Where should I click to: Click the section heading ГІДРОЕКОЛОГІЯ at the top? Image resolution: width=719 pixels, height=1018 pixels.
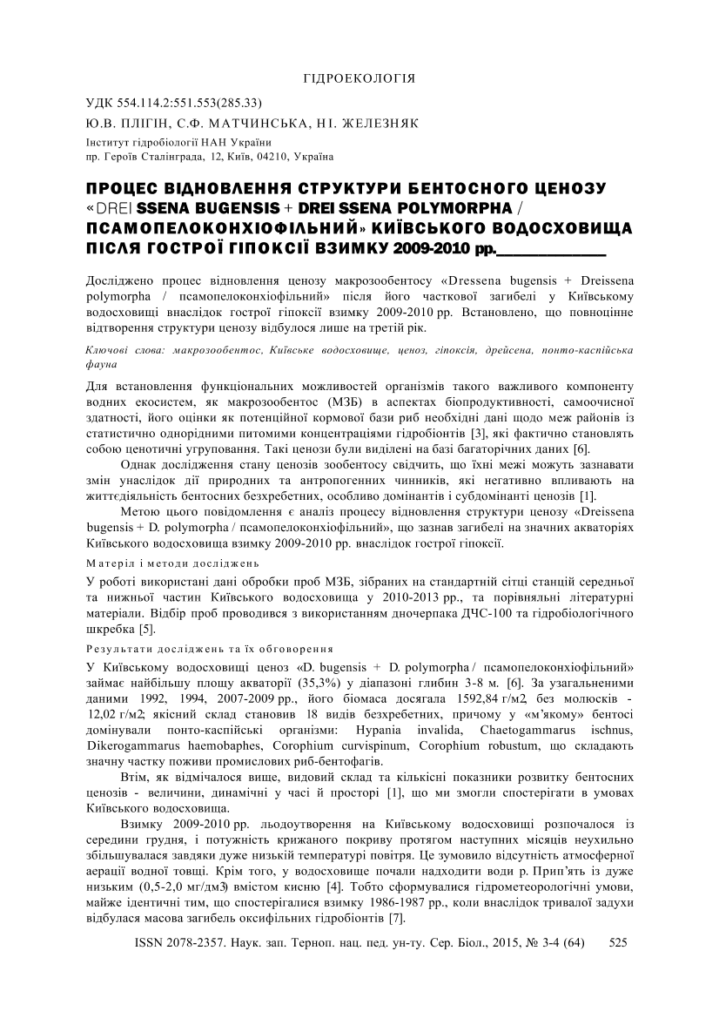coord(359,78)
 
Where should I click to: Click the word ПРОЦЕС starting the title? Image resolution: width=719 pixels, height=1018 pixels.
coord(121,189)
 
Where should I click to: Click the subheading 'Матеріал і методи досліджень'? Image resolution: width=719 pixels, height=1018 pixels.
coord(168,563)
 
